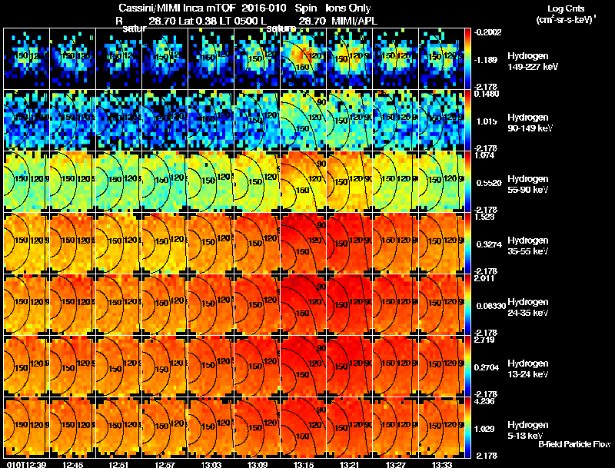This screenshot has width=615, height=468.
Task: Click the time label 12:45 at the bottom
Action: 75,463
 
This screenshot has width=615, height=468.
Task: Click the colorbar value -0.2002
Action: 488,32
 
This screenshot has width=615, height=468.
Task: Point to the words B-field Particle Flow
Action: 574,444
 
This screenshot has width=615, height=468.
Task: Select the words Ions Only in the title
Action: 348,7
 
